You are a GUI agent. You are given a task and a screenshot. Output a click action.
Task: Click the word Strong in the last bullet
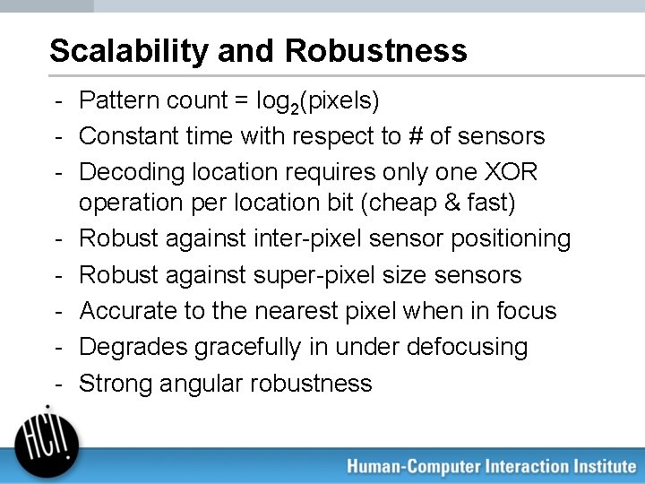click(115, 384)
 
